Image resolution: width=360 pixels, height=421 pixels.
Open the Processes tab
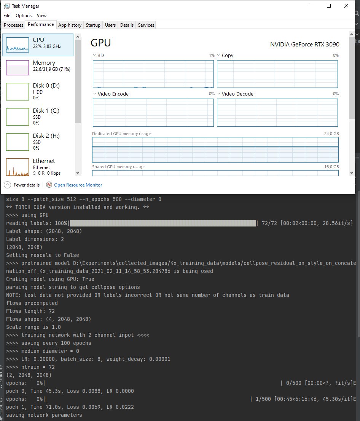click(x=14, y=25)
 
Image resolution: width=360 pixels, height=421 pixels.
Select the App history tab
click(x=70, y=25)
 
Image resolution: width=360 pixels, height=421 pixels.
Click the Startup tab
click(x=93, y=25)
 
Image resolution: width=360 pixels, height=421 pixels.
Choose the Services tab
click(x=146, y=25)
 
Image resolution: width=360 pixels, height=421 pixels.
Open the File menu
click(x=7, y=16)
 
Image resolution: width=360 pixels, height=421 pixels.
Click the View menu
click(x=42, y=16)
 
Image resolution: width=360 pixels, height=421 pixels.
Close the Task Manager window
click(x=346, y=6)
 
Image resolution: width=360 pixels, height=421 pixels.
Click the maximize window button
click(x=329, y=6)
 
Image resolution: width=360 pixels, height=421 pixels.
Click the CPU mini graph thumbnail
click(x=18, y=45)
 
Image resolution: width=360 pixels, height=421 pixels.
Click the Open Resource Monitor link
click(x=78, y=185)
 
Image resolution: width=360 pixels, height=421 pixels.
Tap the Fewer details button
click(x=27, y=185)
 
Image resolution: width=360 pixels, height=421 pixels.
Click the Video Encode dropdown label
click(x=113, y=94)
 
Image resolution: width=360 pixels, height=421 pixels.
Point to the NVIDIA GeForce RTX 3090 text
click(x=305, y=44)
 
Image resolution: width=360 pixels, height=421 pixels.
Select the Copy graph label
click(x=228, y=56)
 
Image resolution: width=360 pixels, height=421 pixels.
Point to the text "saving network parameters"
click(x=44, y=415)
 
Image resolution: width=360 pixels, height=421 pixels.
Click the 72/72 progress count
click(x=269, y=223)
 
